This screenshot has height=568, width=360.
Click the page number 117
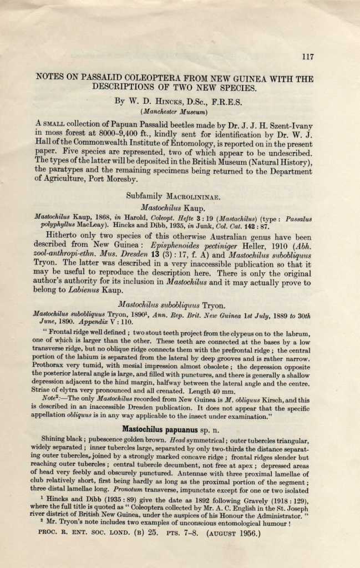[x=308, y=57]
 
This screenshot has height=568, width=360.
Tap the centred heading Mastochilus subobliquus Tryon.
[x=172, y=305]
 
